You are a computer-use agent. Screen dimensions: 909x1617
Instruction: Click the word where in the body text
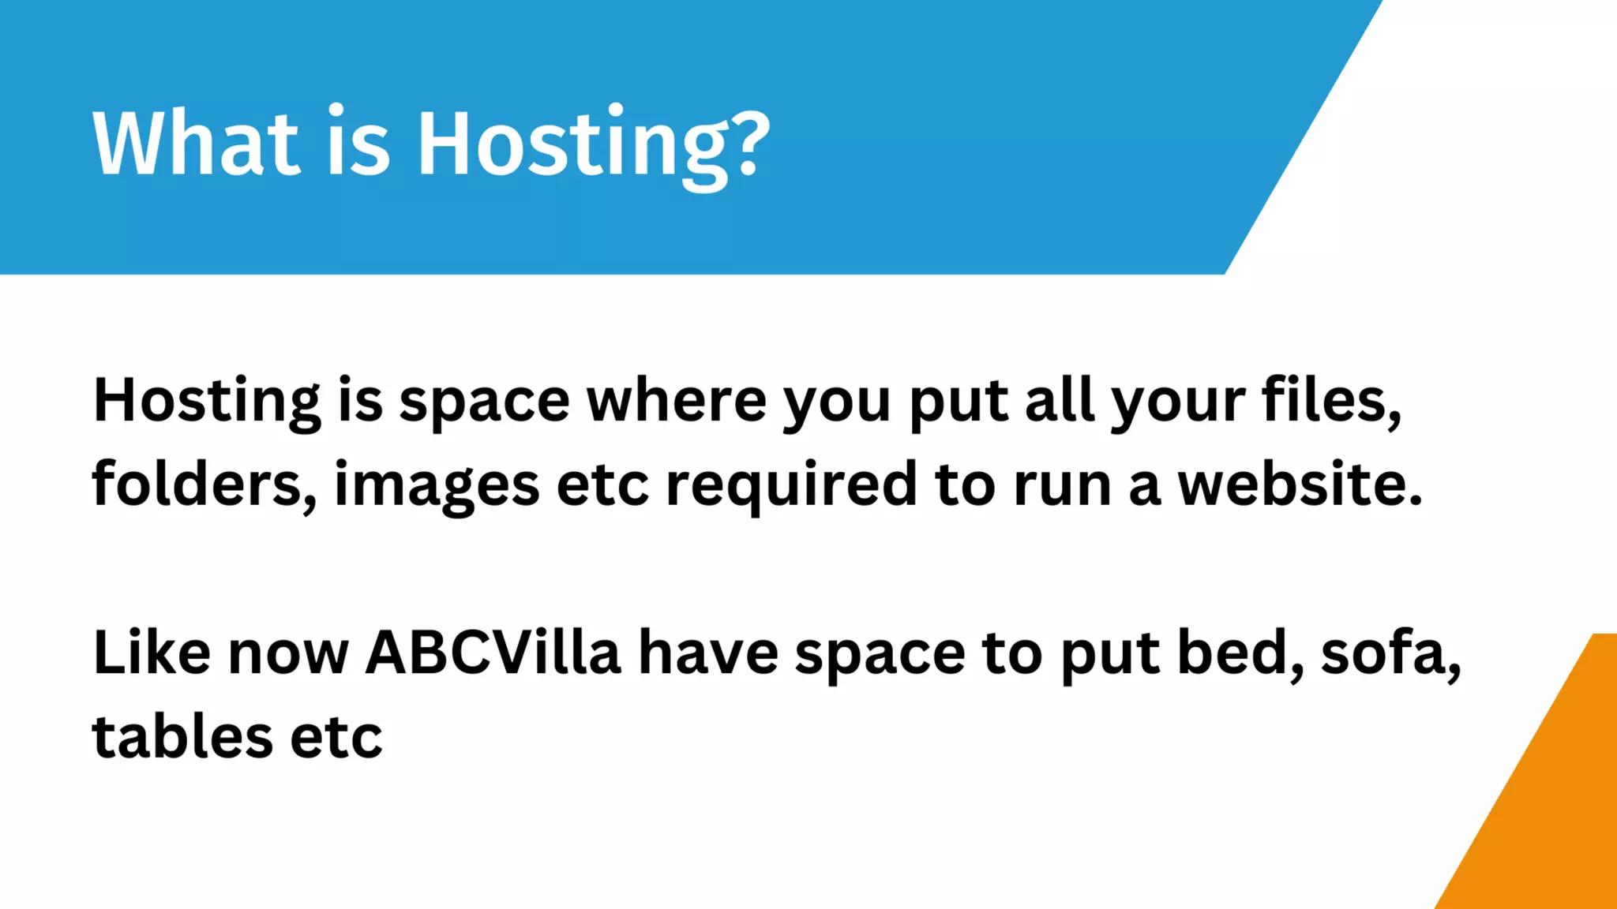[676, 401]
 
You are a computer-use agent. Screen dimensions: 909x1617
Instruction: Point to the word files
[1331, 401]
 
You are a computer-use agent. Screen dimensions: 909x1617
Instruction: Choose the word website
[1300, 484]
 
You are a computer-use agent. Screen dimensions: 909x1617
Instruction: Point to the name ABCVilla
[493, 653]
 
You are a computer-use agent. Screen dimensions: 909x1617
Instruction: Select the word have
[707, 653]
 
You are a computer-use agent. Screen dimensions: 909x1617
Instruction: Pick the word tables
[182, 737]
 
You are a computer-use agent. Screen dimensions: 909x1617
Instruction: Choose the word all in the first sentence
[1058, 401]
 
